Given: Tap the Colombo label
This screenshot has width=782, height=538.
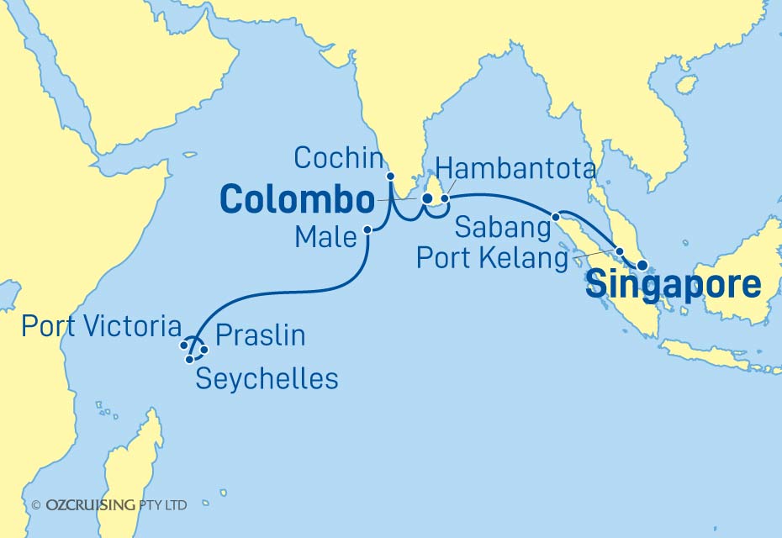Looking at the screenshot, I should point(296,201).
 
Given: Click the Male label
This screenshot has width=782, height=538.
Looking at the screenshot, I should point(325,238).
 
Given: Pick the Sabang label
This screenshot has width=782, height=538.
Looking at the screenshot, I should point(495,226).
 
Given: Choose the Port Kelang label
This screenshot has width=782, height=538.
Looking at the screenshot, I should point(492,258).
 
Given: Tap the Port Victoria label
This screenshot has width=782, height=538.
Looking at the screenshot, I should point(101,326).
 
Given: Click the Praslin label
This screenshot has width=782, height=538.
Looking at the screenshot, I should point(260,336).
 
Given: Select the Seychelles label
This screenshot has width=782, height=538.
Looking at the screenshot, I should point(267,378).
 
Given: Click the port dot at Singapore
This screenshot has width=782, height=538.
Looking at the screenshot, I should point(642,266).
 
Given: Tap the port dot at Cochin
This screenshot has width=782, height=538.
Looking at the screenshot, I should point(390,177).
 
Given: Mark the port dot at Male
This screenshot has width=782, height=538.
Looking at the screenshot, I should point(367,229).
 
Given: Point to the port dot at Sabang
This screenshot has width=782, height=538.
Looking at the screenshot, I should point(556,217).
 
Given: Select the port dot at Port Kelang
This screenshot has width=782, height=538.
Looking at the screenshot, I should point(620,251).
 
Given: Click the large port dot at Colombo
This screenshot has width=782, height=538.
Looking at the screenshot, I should point(427,199).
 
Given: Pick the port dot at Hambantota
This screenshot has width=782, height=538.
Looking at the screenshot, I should point(445,199).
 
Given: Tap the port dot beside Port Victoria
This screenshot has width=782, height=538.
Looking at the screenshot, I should point(184,345).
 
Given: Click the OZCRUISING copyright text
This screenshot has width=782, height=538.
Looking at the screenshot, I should point(109,505).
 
